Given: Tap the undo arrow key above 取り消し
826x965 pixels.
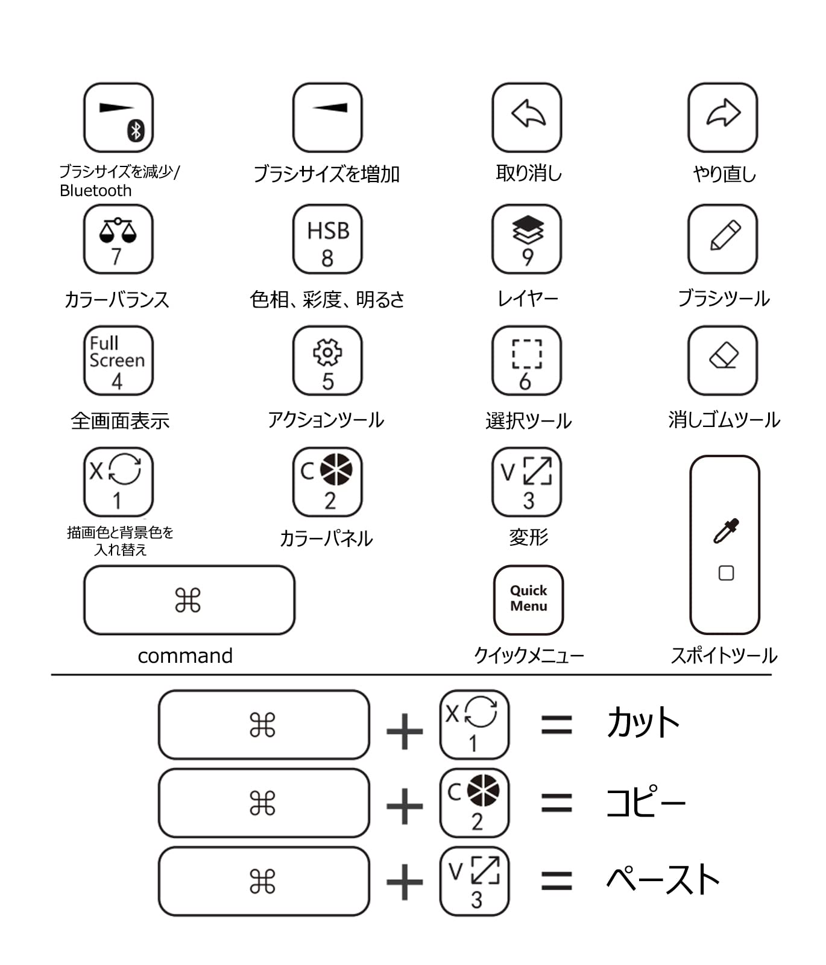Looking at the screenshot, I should [x=527, y=118].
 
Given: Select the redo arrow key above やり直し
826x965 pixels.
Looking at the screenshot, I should [x=722, y=118].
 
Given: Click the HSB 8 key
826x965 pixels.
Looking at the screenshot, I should [x=327, y=239].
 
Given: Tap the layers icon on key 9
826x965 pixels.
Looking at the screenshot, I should [x=528, y=229].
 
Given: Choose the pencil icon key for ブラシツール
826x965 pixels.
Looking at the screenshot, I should [x=722, y=239].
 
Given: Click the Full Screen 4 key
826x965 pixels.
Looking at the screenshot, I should [x=118, y=361].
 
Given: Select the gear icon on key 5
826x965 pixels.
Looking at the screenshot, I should [x=327, y=352].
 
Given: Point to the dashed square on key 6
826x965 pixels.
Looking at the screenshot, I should [x=527, y=353].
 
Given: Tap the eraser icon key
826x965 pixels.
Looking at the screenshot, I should [x=722, y=361].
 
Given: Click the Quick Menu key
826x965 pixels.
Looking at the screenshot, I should [x=528, y=600].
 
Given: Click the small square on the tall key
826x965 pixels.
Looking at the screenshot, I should [x=726, y=573].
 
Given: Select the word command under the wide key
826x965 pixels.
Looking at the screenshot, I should [x=185, y=656].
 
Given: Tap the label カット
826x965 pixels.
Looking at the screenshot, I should [x=643, y=723].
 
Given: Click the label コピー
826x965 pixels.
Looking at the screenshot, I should [x=645, y=802].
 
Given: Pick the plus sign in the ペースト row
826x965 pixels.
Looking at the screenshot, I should [x=405, y=882].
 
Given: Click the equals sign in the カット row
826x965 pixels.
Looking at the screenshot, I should [x=556, y=724].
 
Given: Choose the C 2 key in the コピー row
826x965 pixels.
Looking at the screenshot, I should [x=474, y=803].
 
